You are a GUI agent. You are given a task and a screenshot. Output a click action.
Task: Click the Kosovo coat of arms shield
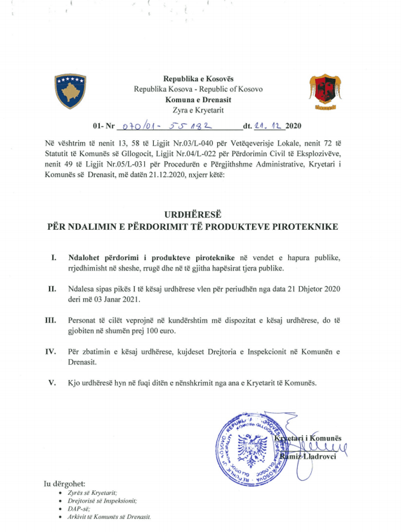click(70, 91)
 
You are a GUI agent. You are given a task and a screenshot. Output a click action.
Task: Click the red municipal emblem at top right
click(325, 92)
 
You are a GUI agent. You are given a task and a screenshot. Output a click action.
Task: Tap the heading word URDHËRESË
click(193, 214)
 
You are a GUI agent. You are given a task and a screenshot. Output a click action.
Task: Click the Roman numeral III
click(51, 320)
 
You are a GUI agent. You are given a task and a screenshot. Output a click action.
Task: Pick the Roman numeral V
click(52, 383)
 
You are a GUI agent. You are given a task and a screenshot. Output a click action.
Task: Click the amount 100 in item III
click(152, 331)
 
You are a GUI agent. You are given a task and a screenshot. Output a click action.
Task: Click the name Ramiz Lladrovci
click(308, 456)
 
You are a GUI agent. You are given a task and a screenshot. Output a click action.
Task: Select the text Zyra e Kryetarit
click(198, 110)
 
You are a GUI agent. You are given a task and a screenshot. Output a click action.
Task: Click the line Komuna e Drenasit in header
click(198, 100)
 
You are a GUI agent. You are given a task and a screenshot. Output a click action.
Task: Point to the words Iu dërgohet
click(65, 484)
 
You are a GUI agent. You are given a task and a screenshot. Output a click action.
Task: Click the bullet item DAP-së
click(79, 509)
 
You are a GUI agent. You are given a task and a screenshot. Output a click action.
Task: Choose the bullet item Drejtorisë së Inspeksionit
click(102, 501)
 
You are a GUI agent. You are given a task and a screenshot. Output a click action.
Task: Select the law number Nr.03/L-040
click(192, 144)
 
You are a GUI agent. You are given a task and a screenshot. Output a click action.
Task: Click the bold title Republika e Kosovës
click(198, 79)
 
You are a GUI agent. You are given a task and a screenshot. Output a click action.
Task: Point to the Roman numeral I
click(54, 258)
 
